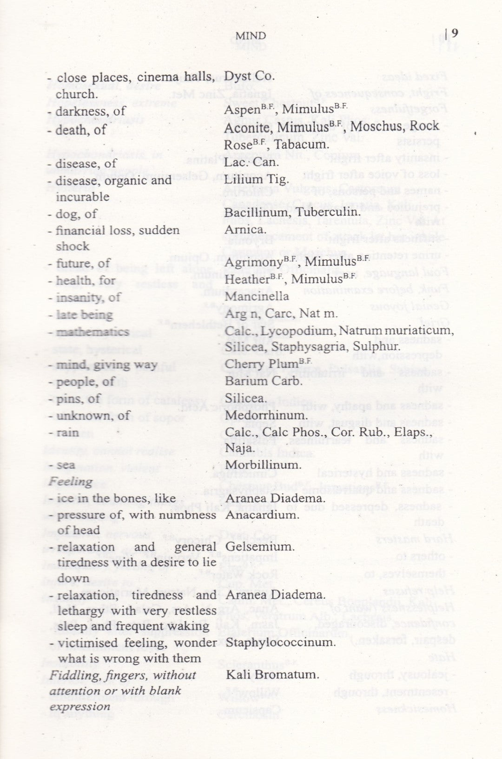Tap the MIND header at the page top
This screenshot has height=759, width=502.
pos(251,36)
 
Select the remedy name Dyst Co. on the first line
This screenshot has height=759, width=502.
pos(249,76)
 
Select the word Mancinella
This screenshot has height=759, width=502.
pos(257,296)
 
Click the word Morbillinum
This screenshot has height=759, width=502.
pos(264,465)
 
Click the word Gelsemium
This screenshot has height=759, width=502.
pos(260,546)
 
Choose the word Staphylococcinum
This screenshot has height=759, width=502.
pos(281,642)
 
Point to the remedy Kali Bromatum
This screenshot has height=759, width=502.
pos(272,674)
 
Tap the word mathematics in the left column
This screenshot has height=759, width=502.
pos(92,332)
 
